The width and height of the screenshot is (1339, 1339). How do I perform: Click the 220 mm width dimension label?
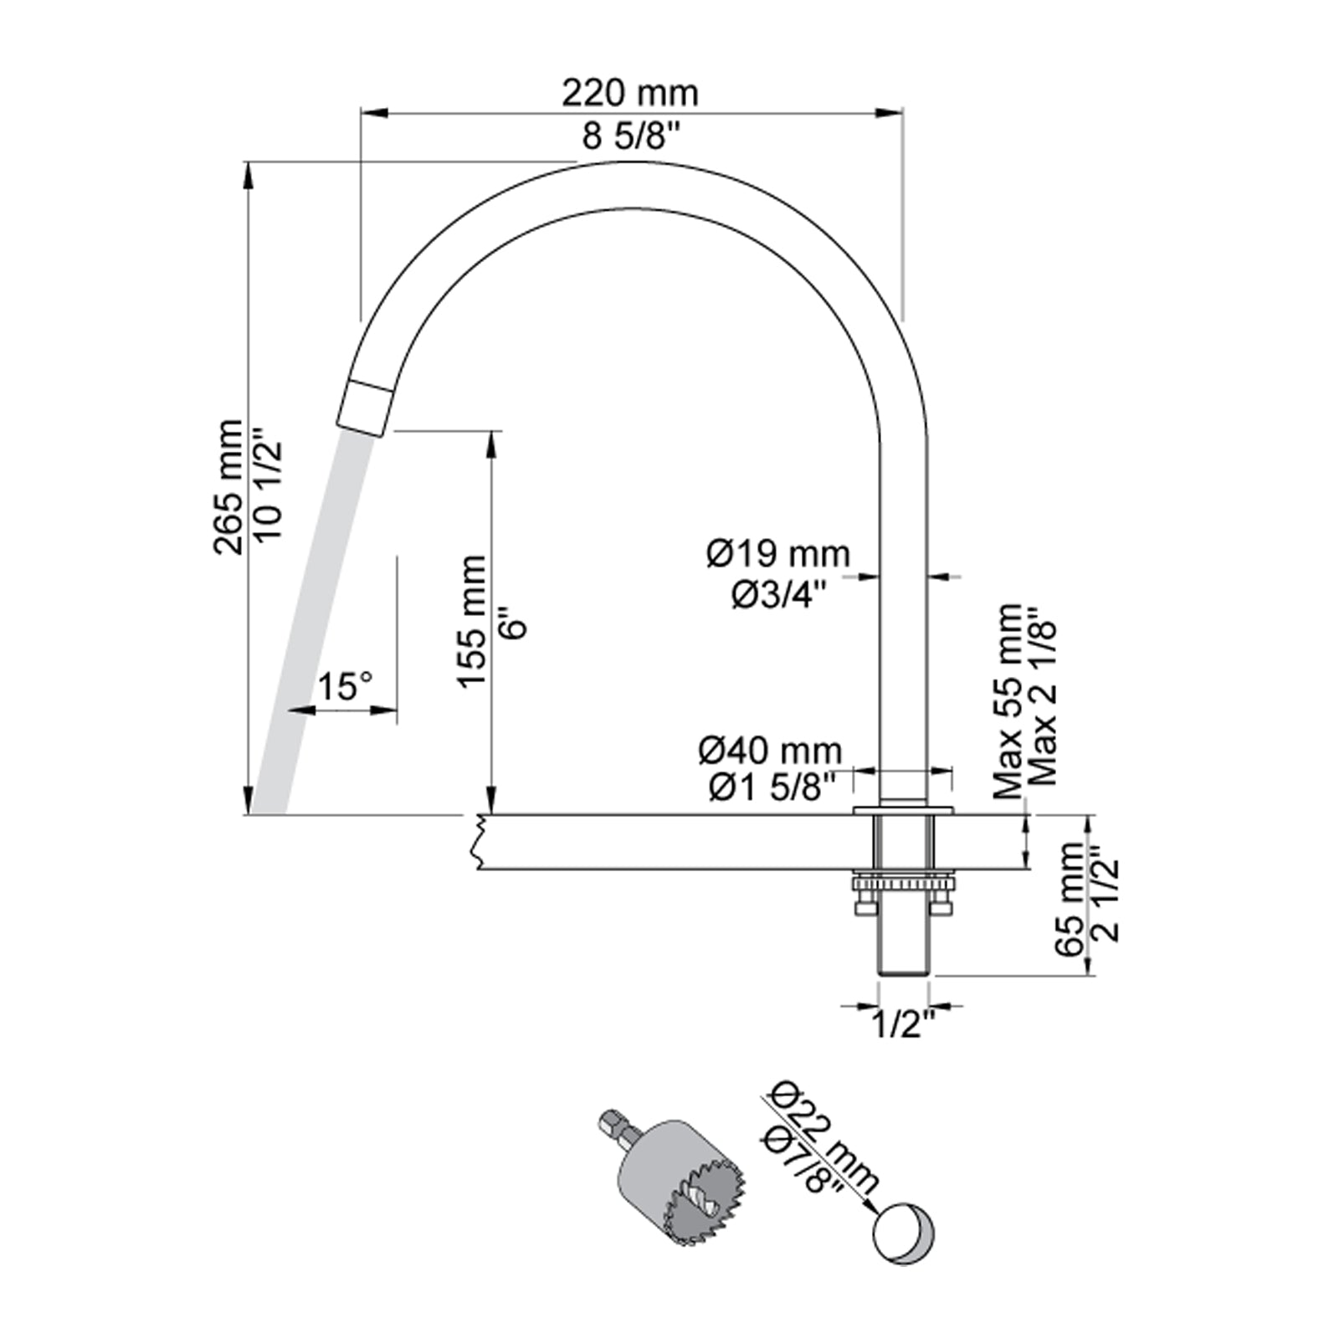(x=629, y=93)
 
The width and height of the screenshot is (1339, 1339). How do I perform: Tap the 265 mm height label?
(x=228, y=487)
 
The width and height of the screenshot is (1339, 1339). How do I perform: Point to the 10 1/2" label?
(x=269, y=485)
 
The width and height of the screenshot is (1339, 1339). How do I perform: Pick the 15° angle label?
(x=344, y=687)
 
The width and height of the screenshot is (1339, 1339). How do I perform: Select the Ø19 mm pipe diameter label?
(x=778, y=553)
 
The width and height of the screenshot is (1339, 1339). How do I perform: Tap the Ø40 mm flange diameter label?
(x=770, y=750)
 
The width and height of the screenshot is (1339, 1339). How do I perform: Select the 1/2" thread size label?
(x=904, y=1024)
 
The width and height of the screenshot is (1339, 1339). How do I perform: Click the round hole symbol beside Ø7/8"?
(x=903, y=1234)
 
